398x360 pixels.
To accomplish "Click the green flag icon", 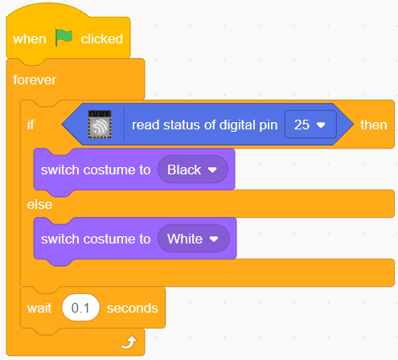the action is pyautogui.click(x=64, y=38).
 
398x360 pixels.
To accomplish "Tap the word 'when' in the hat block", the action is pyautogui.click(x=30, y=39).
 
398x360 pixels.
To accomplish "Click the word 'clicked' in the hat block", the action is pyautogui.click(x=102, y=39).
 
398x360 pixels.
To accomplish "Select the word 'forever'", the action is pyautogui.click(x=35, y=80).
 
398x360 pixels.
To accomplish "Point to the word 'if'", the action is pyautogui.click(x=31, y=125).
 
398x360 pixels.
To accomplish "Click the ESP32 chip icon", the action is pyautogui.click(x=100, y=125).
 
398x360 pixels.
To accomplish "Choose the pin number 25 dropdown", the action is pyautogui.click(x=310, y=125).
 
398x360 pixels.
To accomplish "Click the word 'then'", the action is pyautogui.click(x=374, y=125).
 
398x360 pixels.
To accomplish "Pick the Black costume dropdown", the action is pyautogui.click(x=193, y=170).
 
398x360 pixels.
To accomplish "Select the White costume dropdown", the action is pyautogui.click(x=194, y=239).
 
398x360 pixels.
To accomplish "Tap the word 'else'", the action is pyautogui.click(x=39, y=205).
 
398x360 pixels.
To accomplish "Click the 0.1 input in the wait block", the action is pyautogui.click(x=80, y=308).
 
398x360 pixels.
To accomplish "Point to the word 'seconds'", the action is pyautogui.click(x=133, y=308).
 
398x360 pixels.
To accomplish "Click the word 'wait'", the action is pyautogui.click(x=39, y=308).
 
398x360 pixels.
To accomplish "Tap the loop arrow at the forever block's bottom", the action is pyautogui.click(x=129, y=343).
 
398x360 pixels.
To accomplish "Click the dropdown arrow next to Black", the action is pyautogui.click(x=212, y=170).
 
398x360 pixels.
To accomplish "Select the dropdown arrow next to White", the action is pyautogui.click(x=214, y=239).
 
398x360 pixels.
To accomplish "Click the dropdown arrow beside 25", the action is pyautogui.click(x=321, y=125).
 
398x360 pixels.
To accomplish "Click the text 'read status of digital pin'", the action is pyautogui.click(x=205, y=125).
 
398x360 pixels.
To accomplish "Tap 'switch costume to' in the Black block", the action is pyautogui.click(x=96, y=170).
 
